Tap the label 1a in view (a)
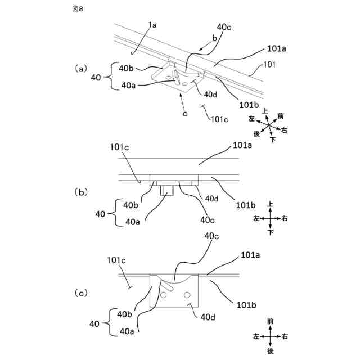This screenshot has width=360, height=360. [152, 25]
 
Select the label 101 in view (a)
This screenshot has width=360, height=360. [269, 65]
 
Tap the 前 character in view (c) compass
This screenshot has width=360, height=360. [270, 321]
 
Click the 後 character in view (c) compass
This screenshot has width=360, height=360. [270, 351]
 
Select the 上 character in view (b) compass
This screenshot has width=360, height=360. [270, 204]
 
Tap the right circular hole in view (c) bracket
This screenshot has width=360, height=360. [187, 294]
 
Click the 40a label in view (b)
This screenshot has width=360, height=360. [133, 222]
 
